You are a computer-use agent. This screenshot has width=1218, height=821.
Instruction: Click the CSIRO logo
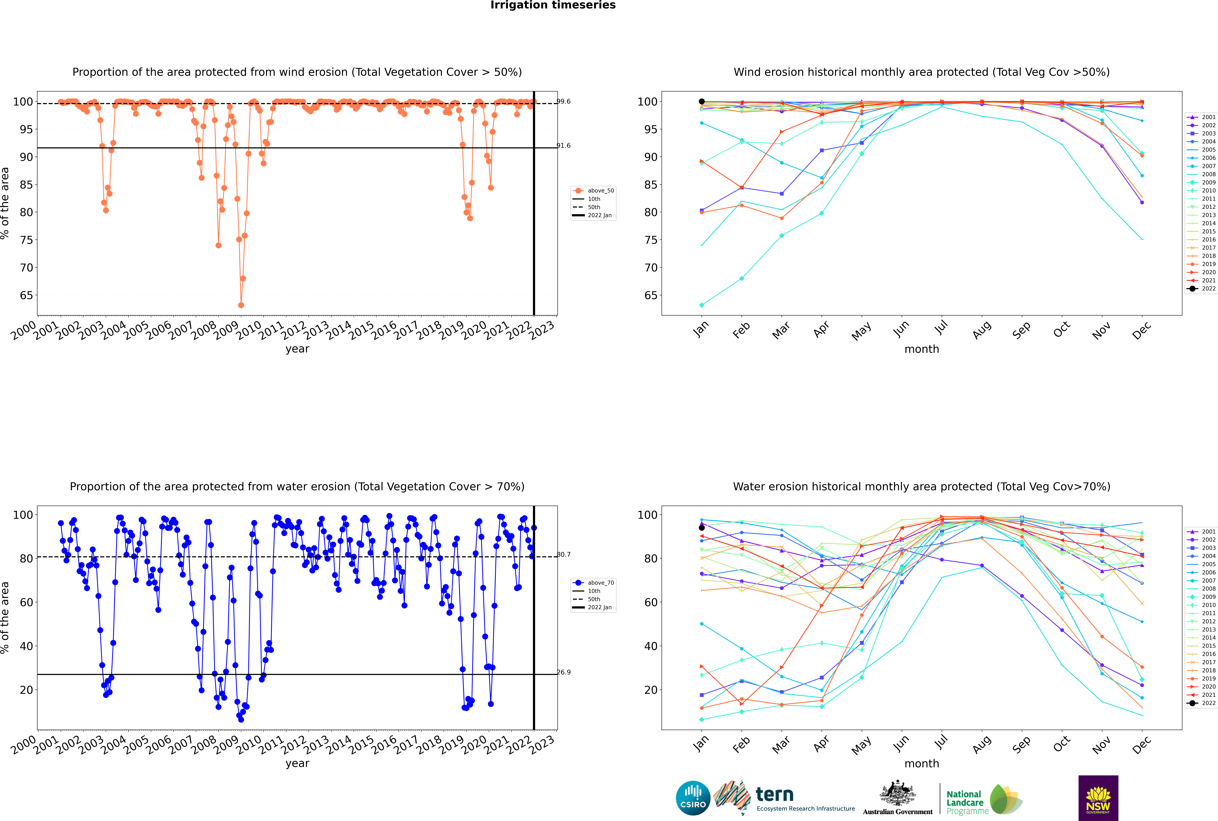click(693, 798)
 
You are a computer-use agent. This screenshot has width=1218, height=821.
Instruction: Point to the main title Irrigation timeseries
click(553, 5)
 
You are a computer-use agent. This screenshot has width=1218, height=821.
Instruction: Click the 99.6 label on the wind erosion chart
click(563, 102)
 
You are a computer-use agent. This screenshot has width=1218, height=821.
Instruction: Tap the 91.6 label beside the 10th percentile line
click(563, 146)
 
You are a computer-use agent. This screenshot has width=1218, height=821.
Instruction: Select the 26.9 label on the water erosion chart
click(563, 672)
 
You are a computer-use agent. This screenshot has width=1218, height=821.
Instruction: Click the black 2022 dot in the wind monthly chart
click(702, 102)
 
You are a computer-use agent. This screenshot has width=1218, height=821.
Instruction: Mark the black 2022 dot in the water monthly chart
click(702, 528)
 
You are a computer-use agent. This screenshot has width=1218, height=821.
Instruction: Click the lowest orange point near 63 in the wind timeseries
click(241, 305)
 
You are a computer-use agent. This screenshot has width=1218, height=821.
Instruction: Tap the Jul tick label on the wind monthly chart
click(941, 328)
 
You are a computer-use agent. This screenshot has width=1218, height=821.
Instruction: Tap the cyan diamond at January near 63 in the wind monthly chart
click(702, 305)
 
